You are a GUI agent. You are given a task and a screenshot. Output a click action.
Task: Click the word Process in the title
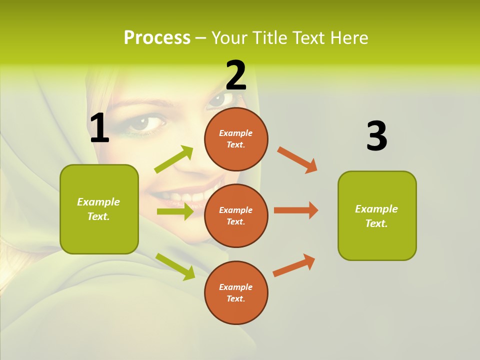(x=157, y=38)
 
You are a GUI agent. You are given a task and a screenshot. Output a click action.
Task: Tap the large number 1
(x=99, y=128)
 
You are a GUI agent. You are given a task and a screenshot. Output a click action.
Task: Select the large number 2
(x=236, y=75)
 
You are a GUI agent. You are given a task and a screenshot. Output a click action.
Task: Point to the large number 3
(x=376, y=136)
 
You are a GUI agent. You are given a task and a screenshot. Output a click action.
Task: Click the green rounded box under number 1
(x=99, y=209)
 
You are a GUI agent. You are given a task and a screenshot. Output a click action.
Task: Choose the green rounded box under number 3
(x=377, y=215)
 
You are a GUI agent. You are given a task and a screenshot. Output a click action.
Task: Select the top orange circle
(x=236, y=139)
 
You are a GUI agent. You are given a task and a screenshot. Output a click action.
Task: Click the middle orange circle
(x=236, y=215)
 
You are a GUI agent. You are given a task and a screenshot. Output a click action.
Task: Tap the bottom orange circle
(x=236, y=292)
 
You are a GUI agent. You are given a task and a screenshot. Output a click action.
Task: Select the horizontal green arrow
(x=175, y=211)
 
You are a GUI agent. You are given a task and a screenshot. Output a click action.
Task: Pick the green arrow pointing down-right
(x=175, y=266)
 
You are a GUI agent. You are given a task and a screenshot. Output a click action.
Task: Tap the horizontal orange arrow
(x=296, y=210)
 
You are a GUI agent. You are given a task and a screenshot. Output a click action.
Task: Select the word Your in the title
(x=230, y=38)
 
